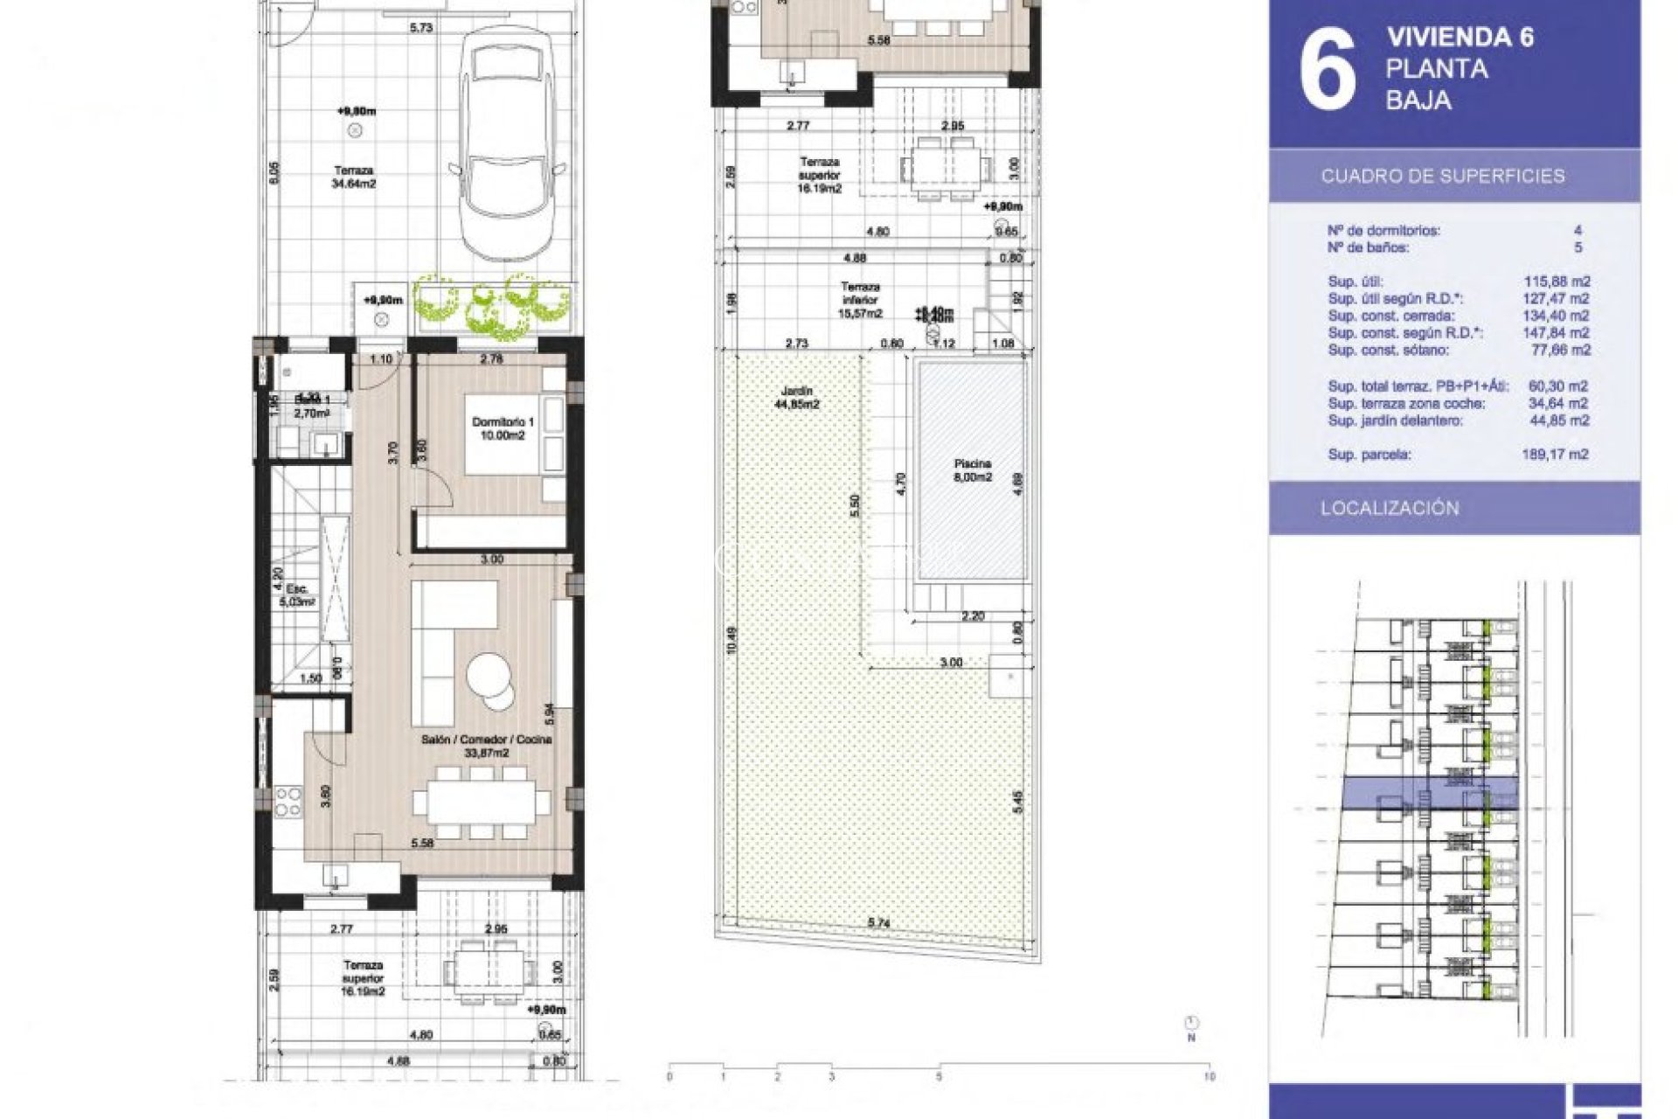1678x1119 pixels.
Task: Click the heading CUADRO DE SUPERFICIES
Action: point(1442,176)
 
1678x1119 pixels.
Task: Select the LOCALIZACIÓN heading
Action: point(1390,508)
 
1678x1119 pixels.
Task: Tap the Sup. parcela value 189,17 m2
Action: point(1555,455)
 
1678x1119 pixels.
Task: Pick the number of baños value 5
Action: point(1577,247)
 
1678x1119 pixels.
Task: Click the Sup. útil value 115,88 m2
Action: point(1556,281)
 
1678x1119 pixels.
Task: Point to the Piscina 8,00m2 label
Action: point(972,470)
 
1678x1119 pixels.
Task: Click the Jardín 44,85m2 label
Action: point(796,398)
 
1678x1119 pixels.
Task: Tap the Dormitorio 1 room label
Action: point(503,428)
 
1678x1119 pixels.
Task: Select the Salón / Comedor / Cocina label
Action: point(486,746)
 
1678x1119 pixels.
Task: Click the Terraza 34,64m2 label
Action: point(353,177)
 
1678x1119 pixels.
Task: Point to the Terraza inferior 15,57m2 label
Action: point(860,299)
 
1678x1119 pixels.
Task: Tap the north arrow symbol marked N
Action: point(1191,1025)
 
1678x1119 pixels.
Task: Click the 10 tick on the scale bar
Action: point(1210,1076)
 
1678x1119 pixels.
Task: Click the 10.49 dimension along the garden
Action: point(732,640)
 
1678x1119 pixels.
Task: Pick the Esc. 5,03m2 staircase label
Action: point(295,594)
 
